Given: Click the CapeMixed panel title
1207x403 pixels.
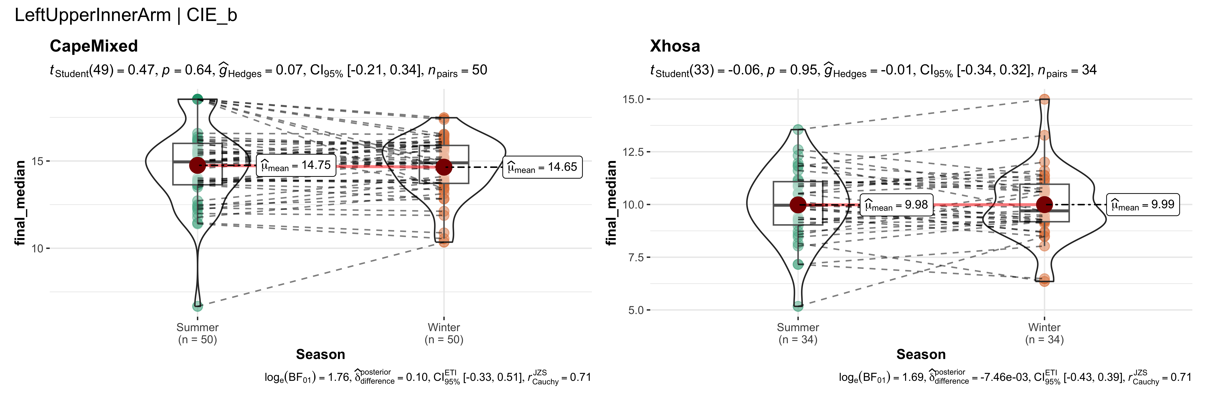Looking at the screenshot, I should tap(94, 46).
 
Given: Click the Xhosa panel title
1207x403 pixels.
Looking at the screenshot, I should tap(675, 46).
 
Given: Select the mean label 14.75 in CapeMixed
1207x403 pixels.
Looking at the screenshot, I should tap(296, 166).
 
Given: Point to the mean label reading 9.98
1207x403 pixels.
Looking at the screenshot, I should tap(896, 205).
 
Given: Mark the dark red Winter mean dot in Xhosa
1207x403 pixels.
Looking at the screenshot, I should tap(1044, 205).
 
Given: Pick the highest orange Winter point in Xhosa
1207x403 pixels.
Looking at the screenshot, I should tap(1044, 99).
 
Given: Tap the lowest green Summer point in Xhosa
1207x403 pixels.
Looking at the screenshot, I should tap(798, 306).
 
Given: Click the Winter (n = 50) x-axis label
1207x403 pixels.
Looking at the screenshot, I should tap(444, 333).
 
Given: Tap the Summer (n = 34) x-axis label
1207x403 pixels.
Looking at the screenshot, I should tap(798, 333).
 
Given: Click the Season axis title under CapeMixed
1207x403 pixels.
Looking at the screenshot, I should tap(321, 355).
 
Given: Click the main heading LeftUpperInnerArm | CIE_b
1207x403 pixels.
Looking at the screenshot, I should tap(126, 15).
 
